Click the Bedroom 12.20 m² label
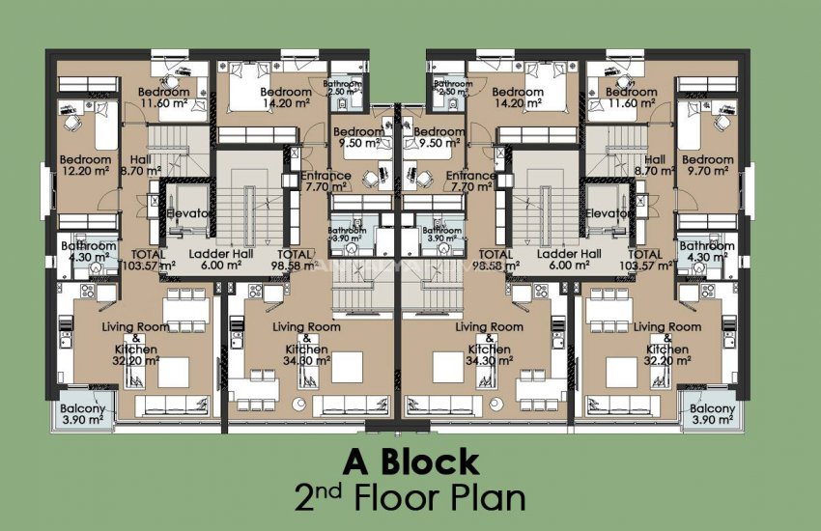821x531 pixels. point(84,165)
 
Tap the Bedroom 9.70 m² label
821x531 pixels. point(707,165)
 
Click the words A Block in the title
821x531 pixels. point(410,461)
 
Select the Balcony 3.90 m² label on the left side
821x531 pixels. point(81,414)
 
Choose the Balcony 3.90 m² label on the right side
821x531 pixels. point(713,414)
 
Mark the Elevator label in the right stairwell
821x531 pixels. point(609,213)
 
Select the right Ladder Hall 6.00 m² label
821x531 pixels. point(570,258)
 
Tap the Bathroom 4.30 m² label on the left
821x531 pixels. point(89,252)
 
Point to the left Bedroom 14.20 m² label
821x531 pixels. point(286,98)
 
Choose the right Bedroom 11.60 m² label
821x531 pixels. point(626,97)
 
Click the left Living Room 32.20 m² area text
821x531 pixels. point(135,345)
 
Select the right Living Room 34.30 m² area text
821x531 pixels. point(489,345)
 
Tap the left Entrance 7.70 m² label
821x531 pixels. point(326,182)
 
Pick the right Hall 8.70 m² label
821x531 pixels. point(655,165)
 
